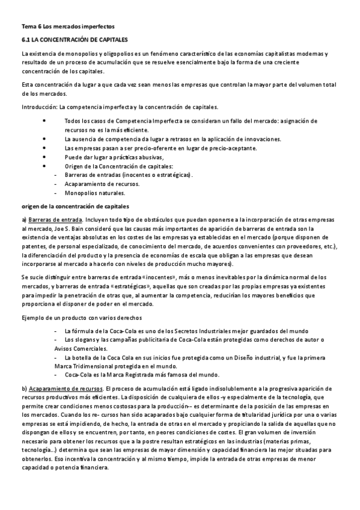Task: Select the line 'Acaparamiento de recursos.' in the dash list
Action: (102, 184)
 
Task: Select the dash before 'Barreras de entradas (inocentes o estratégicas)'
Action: (55, 175)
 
